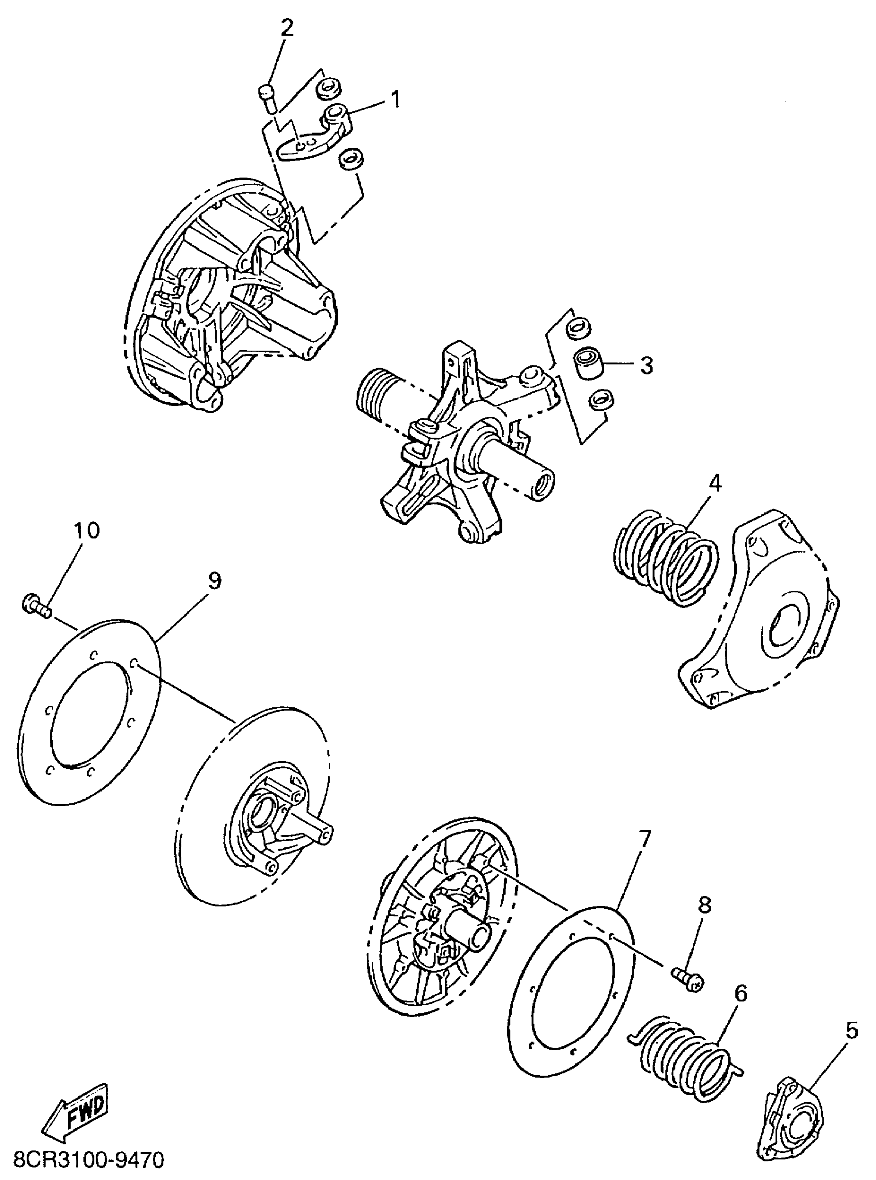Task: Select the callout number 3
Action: (x=646, y=365)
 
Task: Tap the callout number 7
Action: (x=644, y=840)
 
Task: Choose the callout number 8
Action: (x=705, y=905)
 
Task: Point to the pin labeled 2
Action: (x=269, y=98)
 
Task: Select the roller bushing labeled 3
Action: (x=587, y=364)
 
